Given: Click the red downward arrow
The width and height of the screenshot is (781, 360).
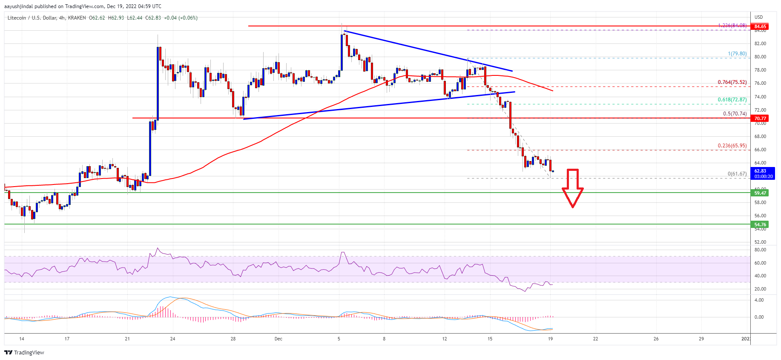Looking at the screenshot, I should (x=572, y=187).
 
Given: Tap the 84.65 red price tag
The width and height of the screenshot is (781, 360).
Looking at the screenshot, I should (x=760, y=26).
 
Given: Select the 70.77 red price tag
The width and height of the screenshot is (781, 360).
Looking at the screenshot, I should (x=760, y=118).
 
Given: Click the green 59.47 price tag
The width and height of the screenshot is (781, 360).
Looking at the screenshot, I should (x=760, y=193).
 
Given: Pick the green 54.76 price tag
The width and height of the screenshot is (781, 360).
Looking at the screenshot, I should (x=760, y=225).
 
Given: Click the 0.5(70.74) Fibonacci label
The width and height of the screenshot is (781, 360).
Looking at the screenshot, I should (x=735, y=114).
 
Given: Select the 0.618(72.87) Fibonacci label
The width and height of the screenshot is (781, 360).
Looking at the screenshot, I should (x=732, y=100).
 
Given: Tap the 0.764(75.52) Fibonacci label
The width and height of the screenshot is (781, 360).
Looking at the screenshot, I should (x=732, y=82).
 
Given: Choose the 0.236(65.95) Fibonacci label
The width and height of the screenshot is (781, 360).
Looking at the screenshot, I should (x=732, y=146).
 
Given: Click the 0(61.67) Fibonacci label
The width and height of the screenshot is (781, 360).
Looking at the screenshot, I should (x=737, y=174).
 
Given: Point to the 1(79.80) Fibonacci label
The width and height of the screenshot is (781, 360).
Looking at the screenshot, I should (x=737, y=54).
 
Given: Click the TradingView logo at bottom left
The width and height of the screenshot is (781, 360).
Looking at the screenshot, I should (x=24, y=352).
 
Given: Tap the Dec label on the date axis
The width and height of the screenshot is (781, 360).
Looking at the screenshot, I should (x=279, y=339).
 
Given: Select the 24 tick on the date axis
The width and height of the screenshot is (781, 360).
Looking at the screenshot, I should (x=172, y=339).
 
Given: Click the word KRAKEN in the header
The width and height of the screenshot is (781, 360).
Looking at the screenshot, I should (x=77, y=18).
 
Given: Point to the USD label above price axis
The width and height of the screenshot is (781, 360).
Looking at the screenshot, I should (x=758, y=17).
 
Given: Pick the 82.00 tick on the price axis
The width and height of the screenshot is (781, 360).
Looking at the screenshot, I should (x=760, y=43).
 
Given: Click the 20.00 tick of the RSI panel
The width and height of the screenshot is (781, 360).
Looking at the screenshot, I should (x=760, y=289).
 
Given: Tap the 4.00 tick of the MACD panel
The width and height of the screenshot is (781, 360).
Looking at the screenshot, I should (x=759, y=300).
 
